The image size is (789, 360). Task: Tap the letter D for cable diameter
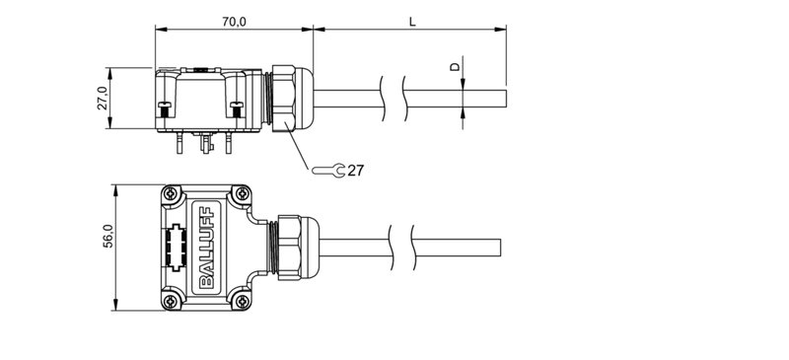(x=455, y=66)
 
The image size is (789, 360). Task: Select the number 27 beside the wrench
(x=355, y=171)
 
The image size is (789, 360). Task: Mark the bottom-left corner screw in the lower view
(x=173, y=300)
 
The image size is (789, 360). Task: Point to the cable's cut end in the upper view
(x=505, y=99)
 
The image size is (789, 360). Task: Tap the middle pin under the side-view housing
(x=204, y=144)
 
